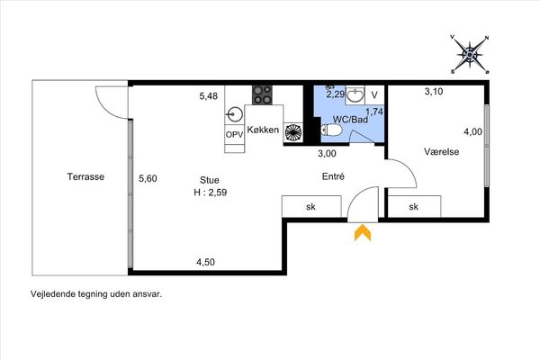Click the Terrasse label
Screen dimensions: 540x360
pos(85,176)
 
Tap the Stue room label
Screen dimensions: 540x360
pos(210,180)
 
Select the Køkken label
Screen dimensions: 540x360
pos(263,130)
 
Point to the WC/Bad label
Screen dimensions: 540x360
pos(350,120)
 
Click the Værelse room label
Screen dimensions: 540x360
pos(442,152)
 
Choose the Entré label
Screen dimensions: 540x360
pos(333,176)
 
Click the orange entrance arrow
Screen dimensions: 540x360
pos(363,233)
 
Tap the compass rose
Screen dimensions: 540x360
pos(470,54)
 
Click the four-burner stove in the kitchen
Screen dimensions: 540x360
pos(262,95)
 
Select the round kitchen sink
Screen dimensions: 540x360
pos(235,114)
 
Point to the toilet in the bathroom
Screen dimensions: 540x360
pos(331,130)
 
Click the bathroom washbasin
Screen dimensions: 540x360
pos(355,94)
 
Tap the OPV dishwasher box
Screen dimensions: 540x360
pos(234,135)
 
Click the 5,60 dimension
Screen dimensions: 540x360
pos(148,178)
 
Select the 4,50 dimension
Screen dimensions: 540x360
pos(205,262)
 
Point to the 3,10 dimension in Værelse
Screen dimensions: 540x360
pos(434,92)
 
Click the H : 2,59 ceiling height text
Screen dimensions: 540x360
pos(211,193)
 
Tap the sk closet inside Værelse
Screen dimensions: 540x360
pos(414,206)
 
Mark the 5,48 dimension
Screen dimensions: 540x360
pos(209,95)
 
